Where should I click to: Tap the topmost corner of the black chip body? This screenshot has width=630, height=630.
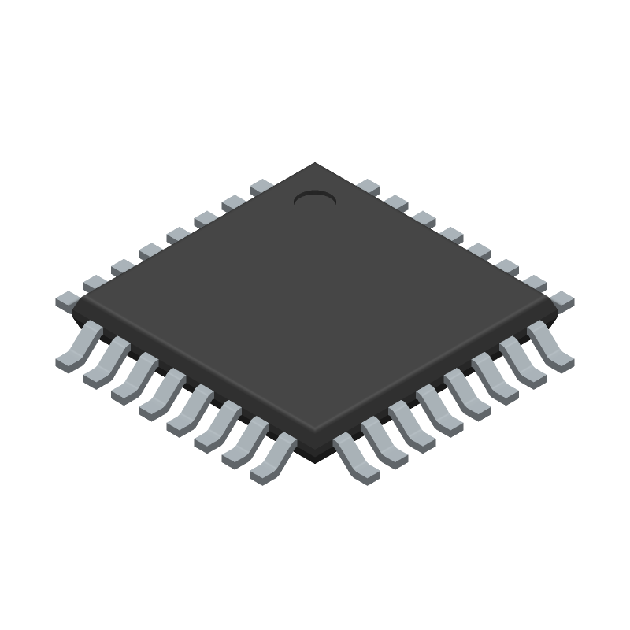point(315,164)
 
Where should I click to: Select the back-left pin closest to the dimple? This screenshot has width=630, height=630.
point(261,188)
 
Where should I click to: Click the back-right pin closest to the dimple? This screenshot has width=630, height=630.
point(369,188)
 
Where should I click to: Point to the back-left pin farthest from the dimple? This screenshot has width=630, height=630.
point(68,299)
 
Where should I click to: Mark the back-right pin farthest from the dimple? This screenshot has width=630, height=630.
point(562,299)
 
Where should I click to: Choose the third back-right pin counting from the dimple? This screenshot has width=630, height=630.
point(424,220)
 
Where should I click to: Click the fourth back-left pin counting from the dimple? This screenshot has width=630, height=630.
point(178,235)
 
